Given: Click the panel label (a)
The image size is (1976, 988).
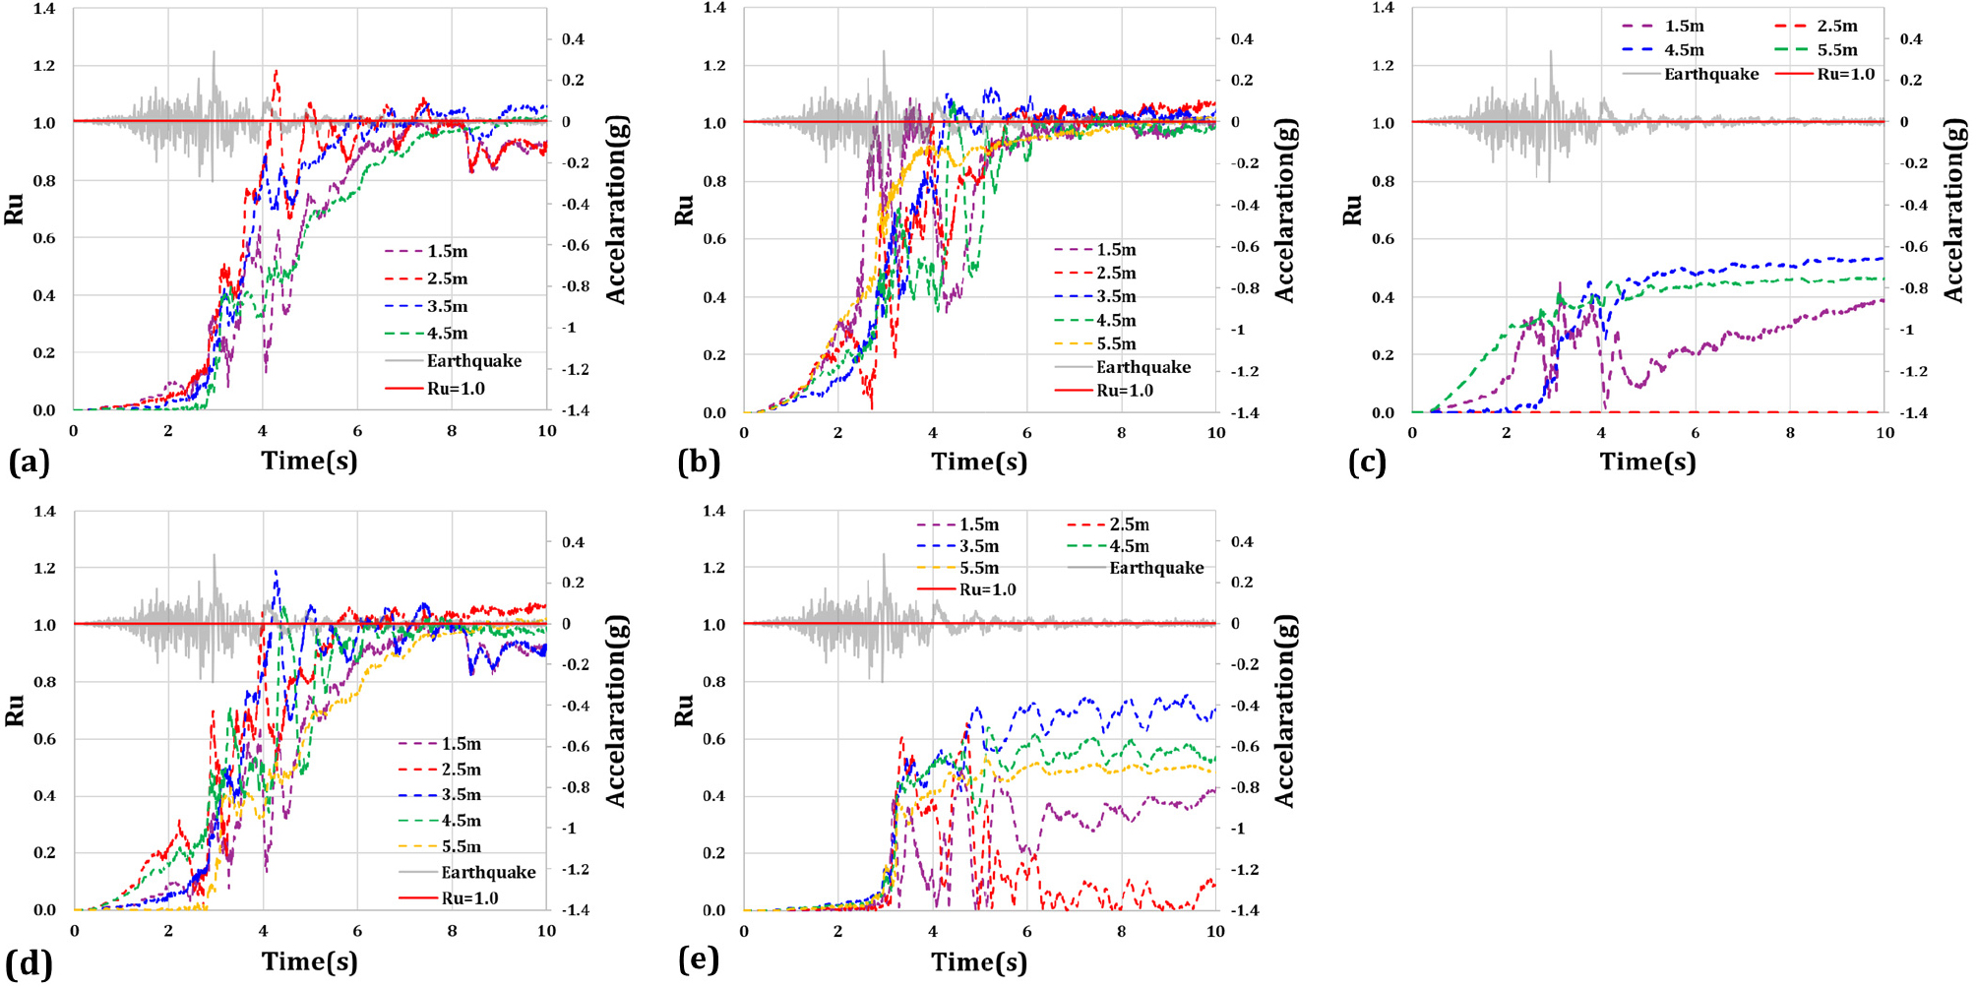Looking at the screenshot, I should (x=29, y=462).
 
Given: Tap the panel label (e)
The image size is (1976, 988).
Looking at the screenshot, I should (x=699, y=959).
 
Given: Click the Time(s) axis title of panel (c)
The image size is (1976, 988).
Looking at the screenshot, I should (x=1647, y=462).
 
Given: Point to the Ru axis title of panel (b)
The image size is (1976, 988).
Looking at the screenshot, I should (x=684, y=210).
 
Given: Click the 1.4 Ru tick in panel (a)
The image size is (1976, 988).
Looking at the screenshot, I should (x=44, y=9).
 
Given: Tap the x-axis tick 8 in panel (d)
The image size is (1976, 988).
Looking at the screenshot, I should (x=452, y=930).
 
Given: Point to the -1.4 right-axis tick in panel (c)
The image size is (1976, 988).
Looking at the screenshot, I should (x=1913, y=412).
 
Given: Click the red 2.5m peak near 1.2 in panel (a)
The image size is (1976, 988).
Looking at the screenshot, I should (x=277, y=71).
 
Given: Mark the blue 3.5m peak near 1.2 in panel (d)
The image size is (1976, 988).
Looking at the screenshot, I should (x=276, y=571).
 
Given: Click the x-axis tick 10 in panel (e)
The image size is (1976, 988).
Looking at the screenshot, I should (x=1215, y=930).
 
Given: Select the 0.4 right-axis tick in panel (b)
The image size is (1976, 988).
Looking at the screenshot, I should (x=1242, y=39).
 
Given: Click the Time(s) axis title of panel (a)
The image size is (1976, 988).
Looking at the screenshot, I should (x=309, y=461).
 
